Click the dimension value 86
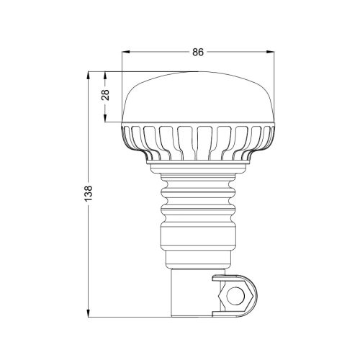coord(198,52)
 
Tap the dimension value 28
coord(105,95)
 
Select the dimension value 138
coord(89,194)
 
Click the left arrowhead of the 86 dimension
coord(126,52)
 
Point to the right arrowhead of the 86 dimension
coord(270,52)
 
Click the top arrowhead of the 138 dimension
coord(89,76)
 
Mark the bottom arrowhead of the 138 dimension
coord(89,313)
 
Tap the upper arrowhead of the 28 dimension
coord(105,76)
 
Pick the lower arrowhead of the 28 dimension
coord(105,118)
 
